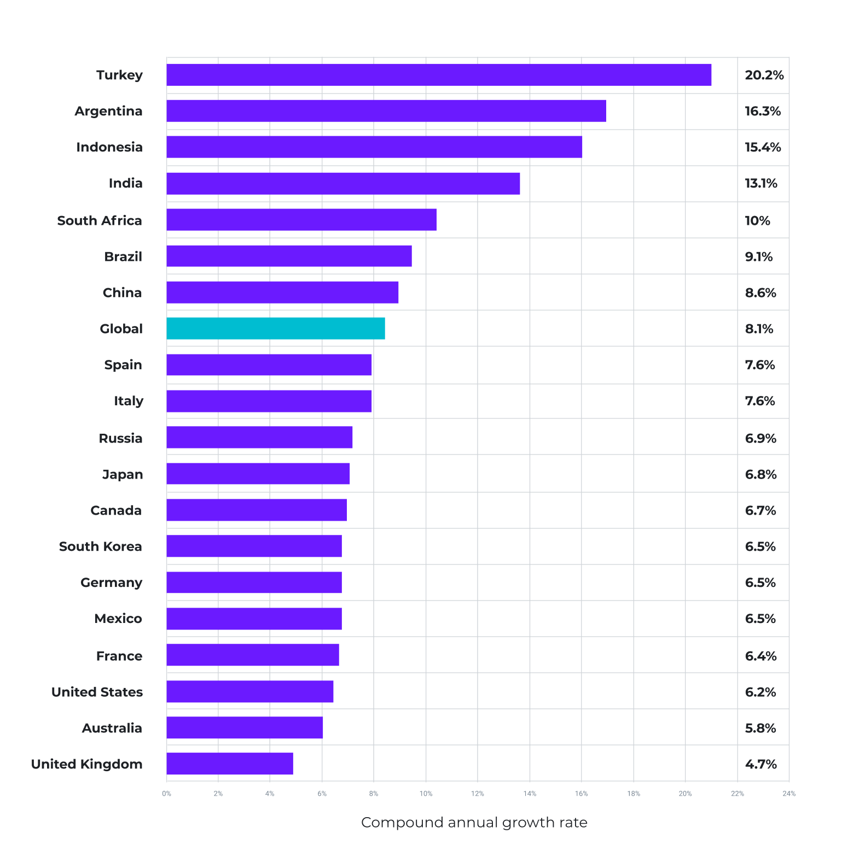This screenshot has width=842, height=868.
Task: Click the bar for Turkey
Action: coord(439,75)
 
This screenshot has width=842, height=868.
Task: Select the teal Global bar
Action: coord(276,329)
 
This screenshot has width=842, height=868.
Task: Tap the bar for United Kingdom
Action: coord(230,764)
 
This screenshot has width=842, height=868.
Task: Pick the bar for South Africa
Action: coord(301,220)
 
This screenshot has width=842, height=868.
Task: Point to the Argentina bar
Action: coord(386,111)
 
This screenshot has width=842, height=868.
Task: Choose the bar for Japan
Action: coord(258,474)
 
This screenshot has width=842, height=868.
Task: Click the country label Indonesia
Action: coord(109,147)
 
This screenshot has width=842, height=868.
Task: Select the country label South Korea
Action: coord(101,546)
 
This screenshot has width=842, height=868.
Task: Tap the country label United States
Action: coord(97,692)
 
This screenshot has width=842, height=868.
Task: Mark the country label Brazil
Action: coord(123,257)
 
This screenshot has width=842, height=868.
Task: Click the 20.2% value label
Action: coord(764,75)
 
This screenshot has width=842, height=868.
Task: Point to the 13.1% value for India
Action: coord(760,183)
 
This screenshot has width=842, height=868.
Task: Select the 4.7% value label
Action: coord(760,764)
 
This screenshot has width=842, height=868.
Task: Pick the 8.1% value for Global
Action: coord(759,329)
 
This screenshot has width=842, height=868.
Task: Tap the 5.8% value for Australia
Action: coord(760,728)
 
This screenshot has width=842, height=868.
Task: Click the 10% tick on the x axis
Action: coord(426,794)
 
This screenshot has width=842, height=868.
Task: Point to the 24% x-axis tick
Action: coord(789,794)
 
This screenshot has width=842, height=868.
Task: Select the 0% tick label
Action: coord(166,794)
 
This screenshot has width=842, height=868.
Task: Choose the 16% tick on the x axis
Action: coord(581,794)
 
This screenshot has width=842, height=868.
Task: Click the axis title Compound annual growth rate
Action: coord(474,823)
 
